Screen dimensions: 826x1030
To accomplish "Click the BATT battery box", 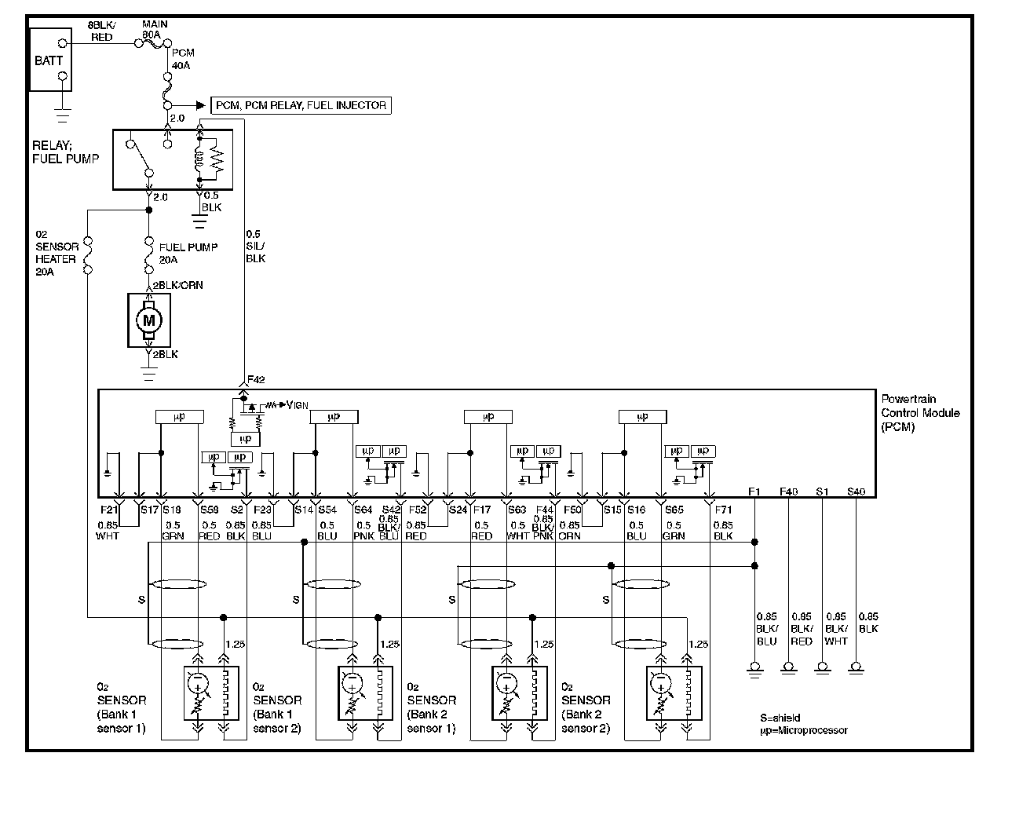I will click(49, 60).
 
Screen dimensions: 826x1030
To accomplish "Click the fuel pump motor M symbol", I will click(148, 320).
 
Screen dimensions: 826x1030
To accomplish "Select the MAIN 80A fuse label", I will click(155, 30).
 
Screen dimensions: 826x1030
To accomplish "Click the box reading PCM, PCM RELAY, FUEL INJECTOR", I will click(301, 105).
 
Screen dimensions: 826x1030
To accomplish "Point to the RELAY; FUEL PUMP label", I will click(66, 152).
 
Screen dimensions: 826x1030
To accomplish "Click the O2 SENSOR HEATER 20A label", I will click(56, 253).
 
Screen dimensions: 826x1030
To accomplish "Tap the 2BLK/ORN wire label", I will click(177, 285).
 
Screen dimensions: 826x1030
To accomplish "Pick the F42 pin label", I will click(257, 380).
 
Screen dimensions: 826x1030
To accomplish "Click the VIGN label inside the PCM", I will click(297, 405).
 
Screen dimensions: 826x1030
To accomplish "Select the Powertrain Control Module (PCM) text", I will click(920, 413).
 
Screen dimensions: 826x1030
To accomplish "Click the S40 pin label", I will click(856, 492).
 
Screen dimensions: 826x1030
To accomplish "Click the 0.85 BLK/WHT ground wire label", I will click(836, 629).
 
